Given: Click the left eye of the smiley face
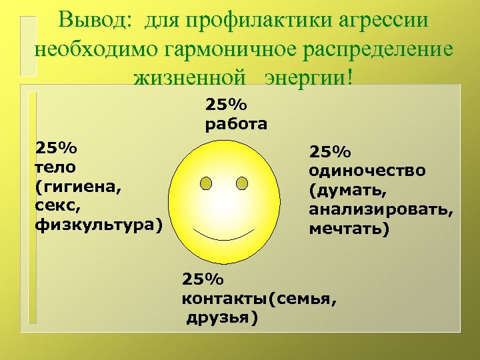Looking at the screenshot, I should click(207, 183).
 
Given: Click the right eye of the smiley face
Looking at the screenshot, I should click(242, 183).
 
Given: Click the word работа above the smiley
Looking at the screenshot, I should click(236, 123).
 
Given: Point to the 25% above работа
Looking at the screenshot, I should click(226, 105).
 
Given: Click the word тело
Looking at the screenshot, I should click(54, 166).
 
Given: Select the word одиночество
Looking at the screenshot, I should click(367, 171).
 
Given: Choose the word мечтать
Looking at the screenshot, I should click(349, 229).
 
